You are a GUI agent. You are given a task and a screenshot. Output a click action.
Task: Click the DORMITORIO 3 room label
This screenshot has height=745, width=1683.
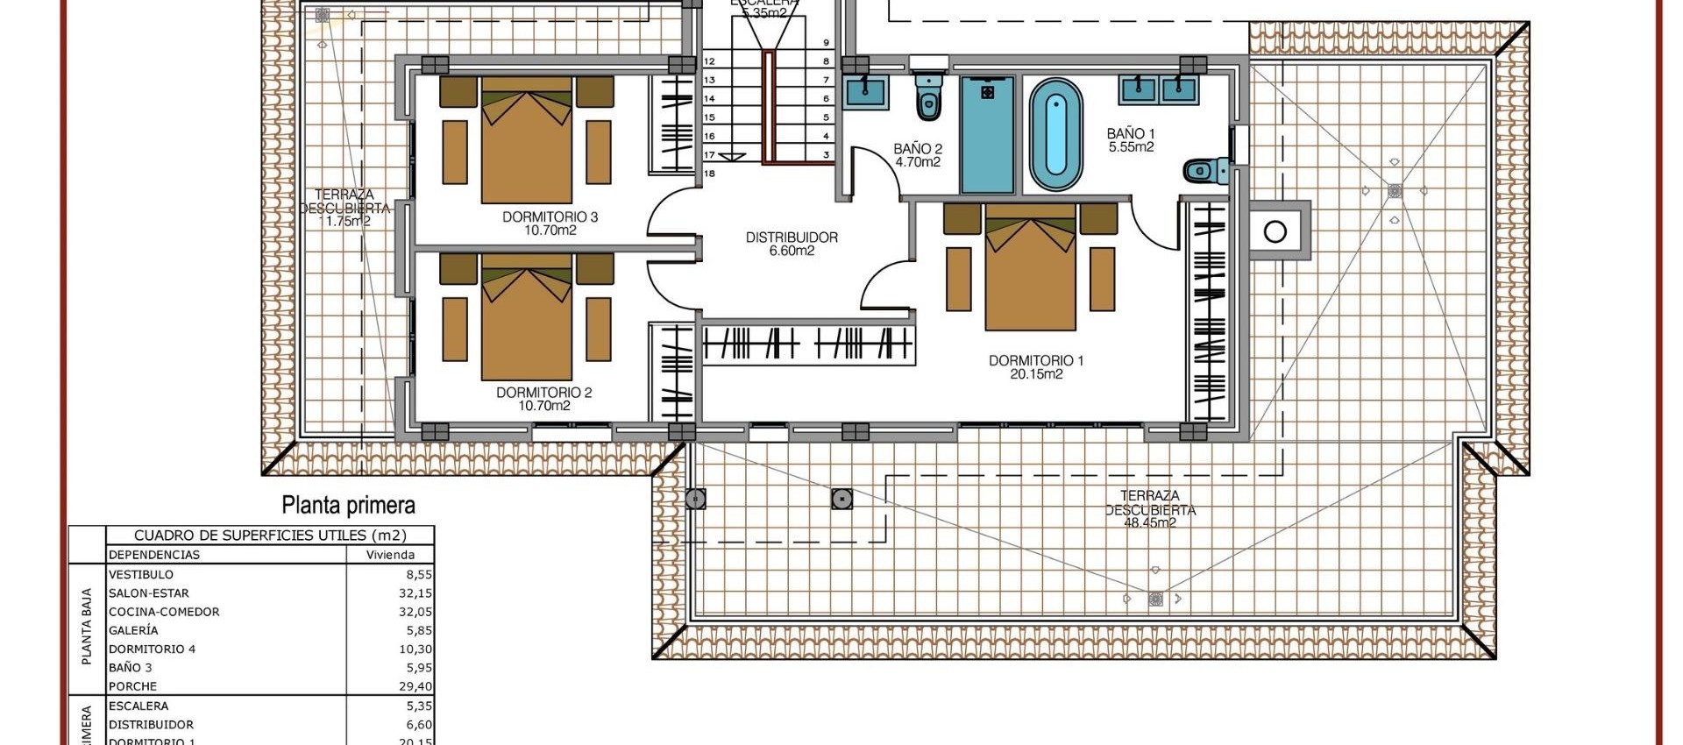pos(550,216)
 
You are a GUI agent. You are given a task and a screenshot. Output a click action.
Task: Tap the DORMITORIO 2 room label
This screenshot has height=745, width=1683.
pos(543,393)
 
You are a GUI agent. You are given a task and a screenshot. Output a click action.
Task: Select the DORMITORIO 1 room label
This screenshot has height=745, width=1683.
pos(1036,360)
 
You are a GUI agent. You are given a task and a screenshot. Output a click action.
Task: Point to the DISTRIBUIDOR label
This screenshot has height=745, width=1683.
pos(792,238)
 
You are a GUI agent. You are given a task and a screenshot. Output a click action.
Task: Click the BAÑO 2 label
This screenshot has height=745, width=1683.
pos(918,149)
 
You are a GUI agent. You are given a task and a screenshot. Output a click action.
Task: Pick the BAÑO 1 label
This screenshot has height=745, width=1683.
pos(1131,134)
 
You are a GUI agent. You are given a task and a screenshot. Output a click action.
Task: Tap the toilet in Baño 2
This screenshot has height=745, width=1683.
pos(928,96)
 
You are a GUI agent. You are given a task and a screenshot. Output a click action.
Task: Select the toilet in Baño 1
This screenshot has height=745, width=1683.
pos(1206,169)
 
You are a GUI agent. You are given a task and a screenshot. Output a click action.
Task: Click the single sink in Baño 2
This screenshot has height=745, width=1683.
pos(866,91)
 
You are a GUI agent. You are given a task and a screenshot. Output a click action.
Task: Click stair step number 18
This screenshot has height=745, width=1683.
pos(709,174)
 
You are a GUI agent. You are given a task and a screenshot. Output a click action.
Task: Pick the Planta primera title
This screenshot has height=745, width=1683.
pos(348,505)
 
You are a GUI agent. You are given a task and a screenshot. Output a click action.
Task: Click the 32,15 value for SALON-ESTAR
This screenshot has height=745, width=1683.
pos(415,593)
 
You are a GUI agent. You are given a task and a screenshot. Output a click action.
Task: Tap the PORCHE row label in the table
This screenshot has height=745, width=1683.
pos(133,686)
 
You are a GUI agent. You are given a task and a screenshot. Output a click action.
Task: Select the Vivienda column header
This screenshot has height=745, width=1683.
pos(390,555)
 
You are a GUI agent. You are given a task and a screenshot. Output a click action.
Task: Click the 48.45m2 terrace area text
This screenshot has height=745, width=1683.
pos(1150,522)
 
